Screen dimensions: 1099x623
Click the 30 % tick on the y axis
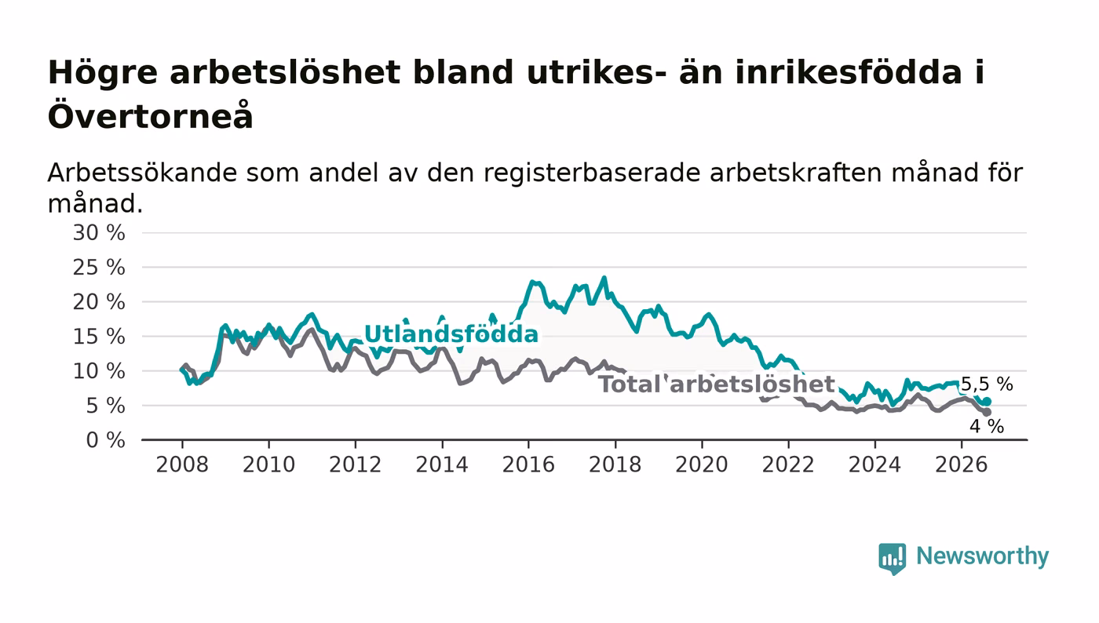[x=99, y=233]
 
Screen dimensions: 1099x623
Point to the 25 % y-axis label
[x=99, y=268]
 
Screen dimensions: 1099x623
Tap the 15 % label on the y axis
[x=99, y=337]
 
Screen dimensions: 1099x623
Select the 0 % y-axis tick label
[x=105, y=440]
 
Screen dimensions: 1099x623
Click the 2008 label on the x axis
[x=182, y=465]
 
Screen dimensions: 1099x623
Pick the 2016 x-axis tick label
[x=528, y=465]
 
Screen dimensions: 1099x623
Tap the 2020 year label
[x=702, y=465]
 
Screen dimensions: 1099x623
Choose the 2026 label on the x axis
[x=961, y=465]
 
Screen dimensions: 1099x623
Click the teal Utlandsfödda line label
[x=451, y=334]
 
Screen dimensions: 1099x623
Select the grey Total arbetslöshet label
[x=716, y=384]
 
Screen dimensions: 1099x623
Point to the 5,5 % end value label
[x=987, y=384]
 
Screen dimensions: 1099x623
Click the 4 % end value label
[x=987, y=426]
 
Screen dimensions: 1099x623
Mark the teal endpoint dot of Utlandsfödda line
[x=988, y=402]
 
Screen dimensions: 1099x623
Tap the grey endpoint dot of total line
[x=987, y=413]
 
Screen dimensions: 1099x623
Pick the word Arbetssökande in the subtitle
[x=142, y=173]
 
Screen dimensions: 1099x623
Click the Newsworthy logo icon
[x=892, y=559]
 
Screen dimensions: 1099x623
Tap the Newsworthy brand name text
[x=982, y=556]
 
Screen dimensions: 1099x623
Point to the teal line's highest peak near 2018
[x=604, y=278]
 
